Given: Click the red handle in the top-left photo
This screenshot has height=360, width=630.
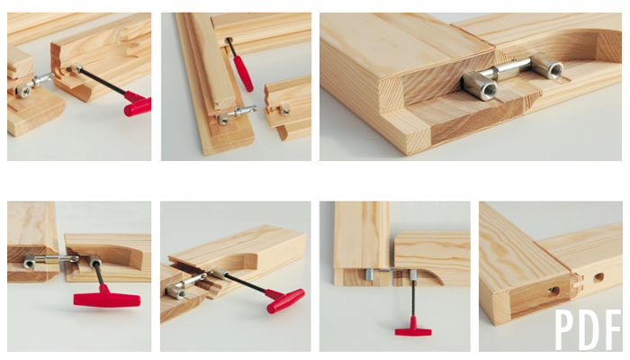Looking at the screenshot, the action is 138,104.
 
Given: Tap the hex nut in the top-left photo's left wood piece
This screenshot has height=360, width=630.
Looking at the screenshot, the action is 23,91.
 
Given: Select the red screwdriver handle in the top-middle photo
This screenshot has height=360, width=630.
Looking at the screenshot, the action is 243,74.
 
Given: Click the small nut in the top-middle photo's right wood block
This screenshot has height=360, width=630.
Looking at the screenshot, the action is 284,109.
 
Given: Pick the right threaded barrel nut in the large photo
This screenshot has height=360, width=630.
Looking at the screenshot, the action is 546,66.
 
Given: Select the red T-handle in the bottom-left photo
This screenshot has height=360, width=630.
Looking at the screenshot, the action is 107,298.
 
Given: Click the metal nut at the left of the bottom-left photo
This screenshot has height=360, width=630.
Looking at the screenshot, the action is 30,262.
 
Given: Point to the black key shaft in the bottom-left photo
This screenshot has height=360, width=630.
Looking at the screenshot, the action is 98,274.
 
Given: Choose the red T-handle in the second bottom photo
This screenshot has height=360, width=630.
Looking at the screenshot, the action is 283,299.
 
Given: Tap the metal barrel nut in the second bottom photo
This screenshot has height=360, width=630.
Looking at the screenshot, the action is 176,292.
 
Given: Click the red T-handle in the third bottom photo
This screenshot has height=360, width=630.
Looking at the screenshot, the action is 413,328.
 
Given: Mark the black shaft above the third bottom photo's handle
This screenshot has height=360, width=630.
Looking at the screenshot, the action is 413,298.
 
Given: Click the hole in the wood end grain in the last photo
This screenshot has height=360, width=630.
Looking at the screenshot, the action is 553,291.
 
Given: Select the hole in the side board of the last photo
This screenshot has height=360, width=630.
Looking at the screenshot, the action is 598,277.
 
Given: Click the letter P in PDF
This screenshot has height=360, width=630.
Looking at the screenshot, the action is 563,329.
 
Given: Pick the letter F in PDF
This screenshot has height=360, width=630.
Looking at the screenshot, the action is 612,329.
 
